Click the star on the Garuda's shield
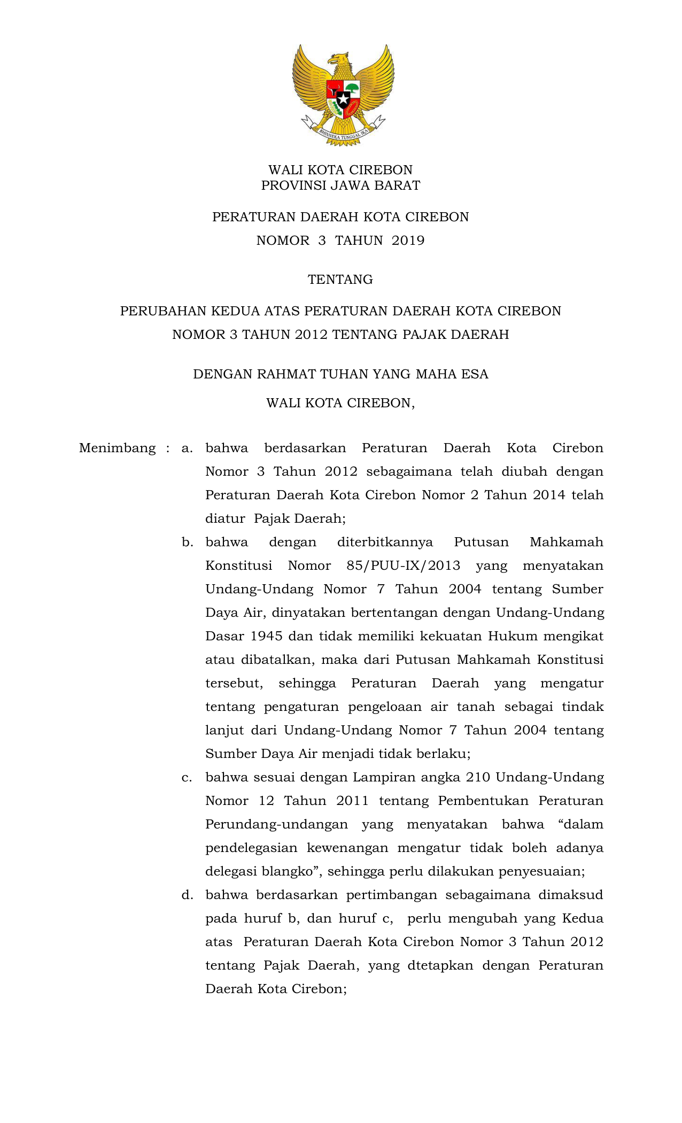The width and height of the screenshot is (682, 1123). click(x=343, y=99)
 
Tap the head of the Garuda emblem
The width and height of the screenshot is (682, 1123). click(x=338, y=60)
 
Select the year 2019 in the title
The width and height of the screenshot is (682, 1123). click(x=408, y=241)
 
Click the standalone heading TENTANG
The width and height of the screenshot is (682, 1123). click(x=340, y=280)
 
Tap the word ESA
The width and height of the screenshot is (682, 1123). click(x=475, y=374)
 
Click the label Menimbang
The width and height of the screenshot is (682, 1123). click(x=117, y=448)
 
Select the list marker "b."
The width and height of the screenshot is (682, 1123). click(x=187, y=542)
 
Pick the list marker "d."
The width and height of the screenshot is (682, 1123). click(x=187, y=895)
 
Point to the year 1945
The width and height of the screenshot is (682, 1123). click(x=262, y=636)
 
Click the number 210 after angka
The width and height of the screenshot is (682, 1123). click(x=478, y=777)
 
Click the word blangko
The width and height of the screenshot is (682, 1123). click(x=286, y=871)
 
